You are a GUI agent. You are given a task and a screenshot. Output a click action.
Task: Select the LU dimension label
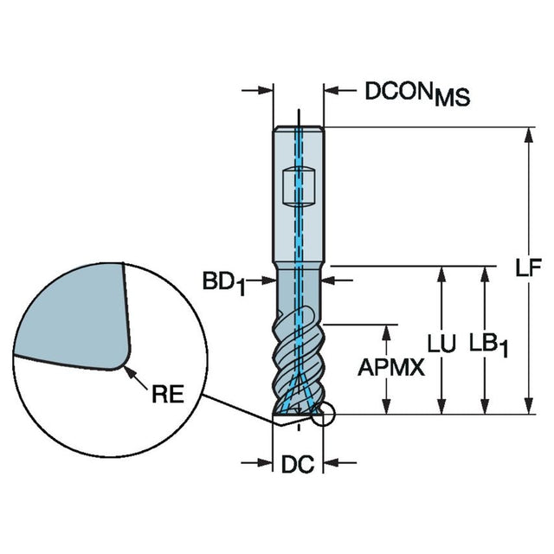coord(442,345)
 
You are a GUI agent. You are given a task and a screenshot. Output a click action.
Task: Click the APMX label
coord(390,369)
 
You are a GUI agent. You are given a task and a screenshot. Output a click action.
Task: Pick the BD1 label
coord(224,282)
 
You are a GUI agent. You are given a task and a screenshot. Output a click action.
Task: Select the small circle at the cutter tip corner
coord(323,417)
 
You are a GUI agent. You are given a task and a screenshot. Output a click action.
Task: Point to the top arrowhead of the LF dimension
coord(527,135)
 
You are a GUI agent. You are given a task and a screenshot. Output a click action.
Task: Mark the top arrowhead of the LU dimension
coord(442,273)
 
